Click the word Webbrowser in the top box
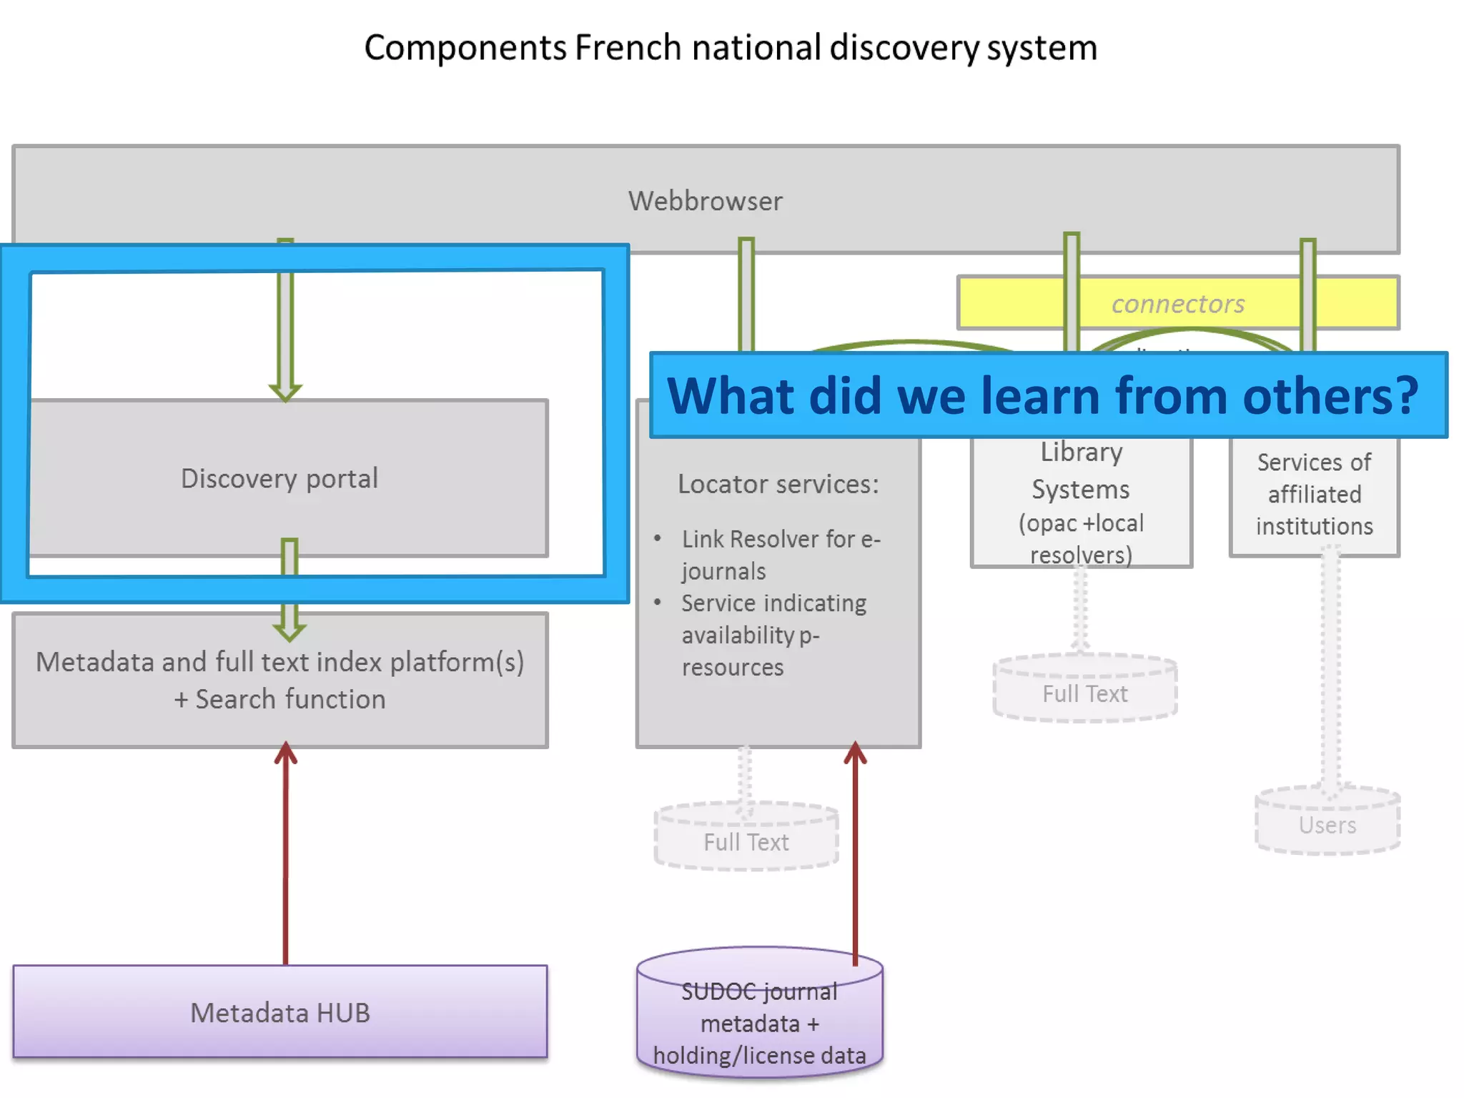click(x=705, y=202)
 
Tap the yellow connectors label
click(x=1177, y=304)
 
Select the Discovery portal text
click(x=279, y=478)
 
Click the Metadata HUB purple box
click(x=280, y=1012)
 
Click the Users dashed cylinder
click(x=1327, y=824)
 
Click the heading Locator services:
click(x=778, y=484)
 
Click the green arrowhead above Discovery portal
click(x=285, y=390)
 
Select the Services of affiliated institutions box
click(x=1314, y=494)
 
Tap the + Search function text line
click(x=280, y=699)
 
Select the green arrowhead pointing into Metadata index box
click(x=289, y=629)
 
